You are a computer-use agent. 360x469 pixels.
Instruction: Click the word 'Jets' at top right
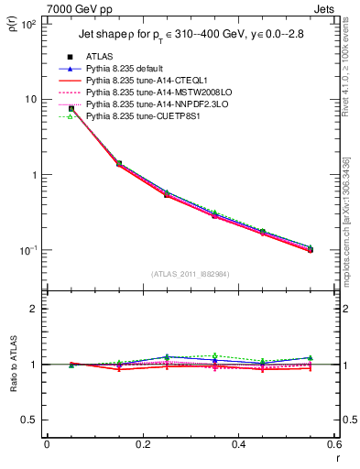[x=326, y=8]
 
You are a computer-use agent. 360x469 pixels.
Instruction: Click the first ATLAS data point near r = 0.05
[x=71, y=109]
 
